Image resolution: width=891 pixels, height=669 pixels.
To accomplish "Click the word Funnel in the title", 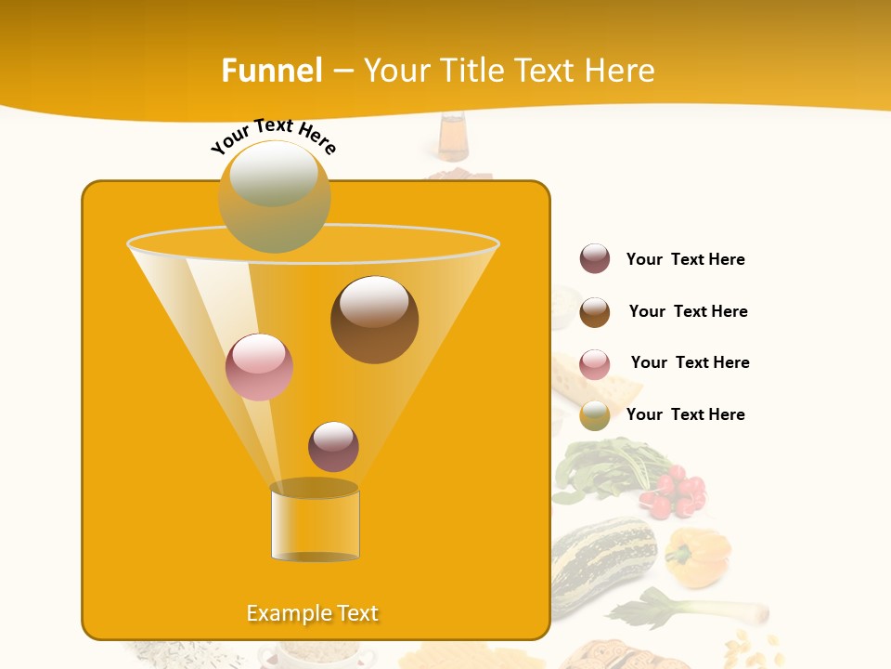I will pos(271,71).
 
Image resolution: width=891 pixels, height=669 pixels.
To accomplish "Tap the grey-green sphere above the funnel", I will pos(274,197).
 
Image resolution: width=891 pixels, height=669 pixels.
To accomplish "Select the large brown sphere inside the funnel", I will pos(374,320).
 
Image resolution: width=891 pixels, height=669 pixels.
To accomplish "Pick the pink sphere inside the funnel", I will pos(259,367).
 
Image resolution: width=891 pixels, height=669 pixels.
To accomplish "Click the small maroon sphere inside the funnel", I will pos(333,446).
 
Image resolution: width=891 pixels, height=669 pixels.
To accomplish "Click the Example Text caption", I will pos(312,613).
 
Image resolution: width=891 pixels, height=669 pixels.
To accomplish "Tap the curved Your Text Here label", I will pos(273,137).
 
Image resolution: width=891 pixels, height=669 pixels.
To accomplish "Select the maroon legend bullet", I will pos(595,258).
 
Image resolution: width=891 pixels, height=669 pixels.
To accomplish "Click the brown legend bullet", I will pos(595,312).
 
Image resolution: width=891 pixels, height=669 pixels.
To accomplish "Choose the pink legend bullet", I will pos(595,364).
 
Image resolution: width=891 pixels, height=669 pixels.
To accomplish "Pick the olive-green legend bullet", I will pos(595,415).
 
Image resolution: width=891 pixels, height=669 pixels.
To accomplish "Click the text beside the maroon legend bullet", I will pos(685,259).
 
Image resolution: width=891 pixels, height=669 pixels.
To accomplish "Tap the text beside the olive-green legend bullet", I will pos(685,414).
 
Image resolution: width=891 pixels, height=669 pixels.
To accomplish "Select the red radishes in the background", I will pos(678,492).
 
